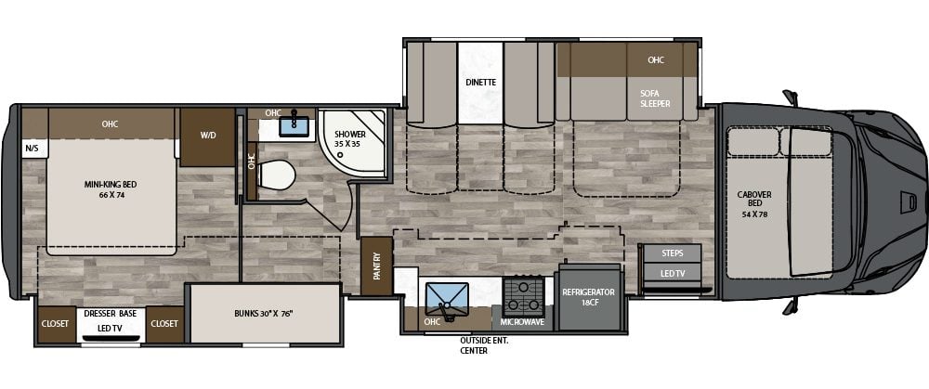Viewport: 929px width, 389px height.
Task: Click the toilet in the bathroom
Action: [x=276, y=174]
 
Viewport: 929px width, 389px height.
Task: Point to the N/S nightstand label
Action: [x=32, y=148]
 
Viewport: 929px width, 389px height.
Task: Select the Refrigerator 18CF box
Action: [x=588, y=297]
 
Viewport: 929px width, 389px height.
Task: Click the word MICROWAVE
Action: [x=523, y=323]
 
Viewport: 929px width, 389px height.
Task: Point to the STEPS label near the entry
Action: [x=673, y=253]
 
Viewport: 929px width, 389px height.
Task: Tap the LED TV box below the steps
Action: [x=673, y=273]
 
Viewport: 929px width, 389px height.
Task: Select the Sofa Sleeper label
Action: [x=654, y=98]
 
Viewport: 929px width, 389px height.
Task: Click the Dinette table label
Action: [x=480, y=82]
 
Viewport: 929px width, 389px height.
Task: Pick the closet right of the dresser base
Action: [x=164, y=323]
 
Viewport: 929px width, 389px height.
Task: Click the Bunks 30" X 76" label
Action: [x=264, y=314]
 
